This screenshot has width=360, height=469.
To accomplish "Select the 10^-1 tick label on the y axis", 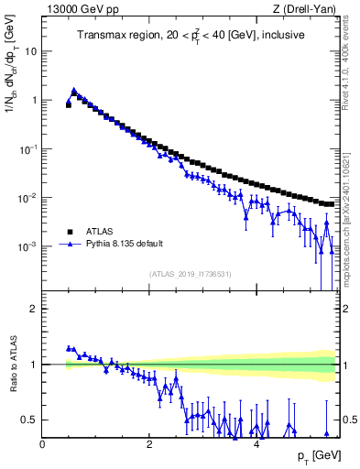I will point(29,149).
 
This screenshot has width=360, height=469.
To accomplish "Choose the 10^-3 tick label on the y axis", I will point(29,247).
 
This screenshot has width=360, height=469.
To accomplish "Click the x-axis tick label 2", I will point(148,444).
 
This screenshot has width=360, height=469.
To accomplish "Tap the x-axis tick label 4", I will point(256,444).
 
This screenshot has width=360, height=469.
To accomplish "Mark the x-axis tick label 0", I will point(42,444).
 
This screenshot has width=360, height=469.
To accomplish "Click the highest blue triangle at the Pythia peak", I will point(74,91).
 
